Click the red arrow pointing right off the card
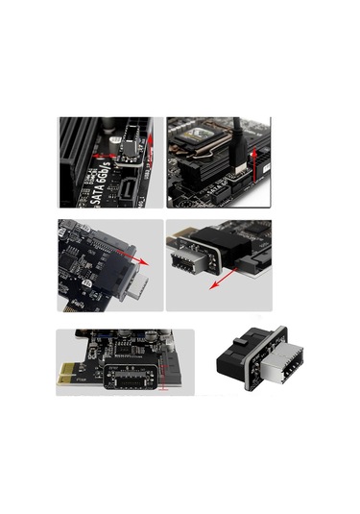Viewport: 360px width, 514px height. click(x=142, y=260)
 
